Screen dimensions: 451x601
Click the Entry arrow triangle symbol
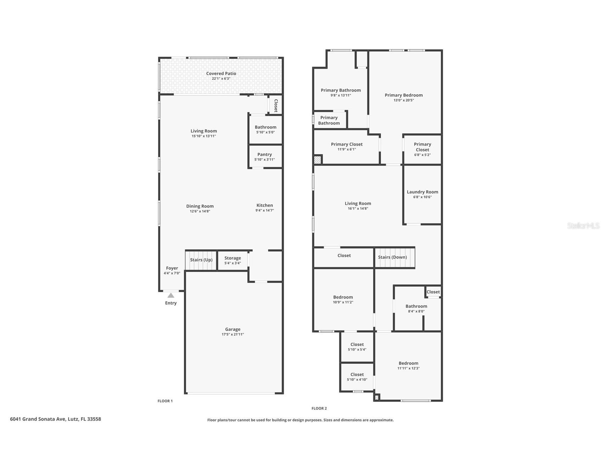pyautogui.click(x=171, y=295)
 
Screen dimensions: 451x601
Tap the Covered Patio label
pyautogui.click(x=221, y=73)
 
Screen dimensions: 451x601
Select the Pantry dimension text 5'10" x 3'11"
pyautogui.click(x=264, y=160)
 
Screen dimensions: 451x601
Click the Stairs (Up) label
pyautogui.click(x=201, y=260)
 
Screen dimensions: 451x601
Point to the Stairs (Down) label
pyautogui.click(x=392, y=257)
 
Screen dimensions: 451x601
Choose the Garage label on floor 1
pyautogui.click(x=232, y=329)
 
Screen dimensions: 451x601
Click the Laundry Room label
pyautogui.click(x=422, y=192)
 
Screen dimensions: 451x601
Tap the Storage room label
pyautogui.click(x=232, y=258)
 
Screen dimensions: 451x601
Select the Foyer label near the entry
pyautogui.click(x=172, y=268)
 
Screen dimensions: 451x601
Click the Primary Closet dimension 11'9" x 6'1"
pyautogui.click(x=347, y=149)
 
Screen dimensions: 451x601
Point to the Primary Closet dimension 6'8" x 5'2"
pyautogui.click(x=422, y=155)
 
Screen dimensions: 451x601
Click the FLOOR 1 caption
pyautogui.click(x=165, y=401)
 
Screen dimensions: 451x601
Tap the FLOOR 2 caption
pyautogui.click(x=319, y=408)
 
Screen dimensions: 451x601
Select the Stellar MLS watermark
pyautogui.click(x=583, y=225)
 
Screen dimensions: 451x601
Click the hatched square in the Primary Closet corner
pyautogui.click(x=318, y=160)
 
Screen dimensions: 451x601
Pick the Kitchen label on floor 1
pyautogui.click(x=265, y=205)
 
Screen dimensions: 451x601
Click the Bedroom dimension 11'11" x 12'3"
pyautogui.click(x=408, y=368)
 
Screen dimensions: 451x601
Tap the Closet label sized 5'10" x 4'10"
pyautogui.click(x=357, y=374)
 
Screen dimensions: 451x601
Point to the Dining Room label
pyautogui.click(x=200, y=206)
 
